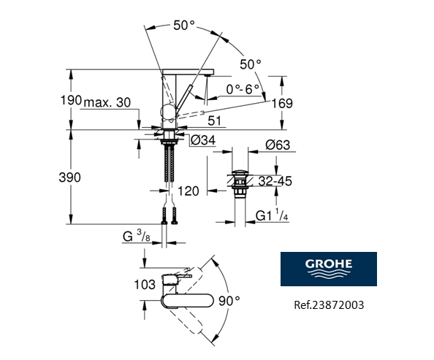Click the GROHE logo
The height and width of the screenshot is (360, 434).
(x=329, y=271)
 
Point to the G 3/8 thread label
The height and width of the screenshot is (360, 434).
(x=136, y=235)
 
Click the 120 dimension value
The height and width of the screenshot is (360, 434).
(x=188, y=191)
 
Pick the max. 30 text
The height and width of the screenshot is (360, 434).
(x=107, y=103)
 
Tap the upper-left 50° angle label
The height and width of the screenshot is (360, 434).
(x=184, y=25)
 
